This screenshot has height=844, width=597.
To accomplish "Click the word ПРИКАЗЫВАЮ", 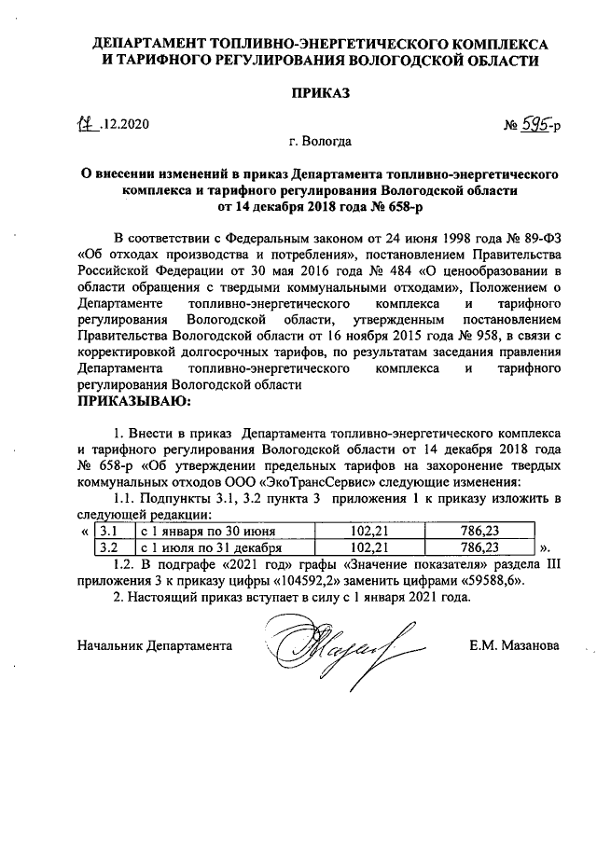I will pos(132,401).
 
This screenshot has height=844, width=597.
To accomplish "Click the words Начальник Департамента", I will pos(153,644).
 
